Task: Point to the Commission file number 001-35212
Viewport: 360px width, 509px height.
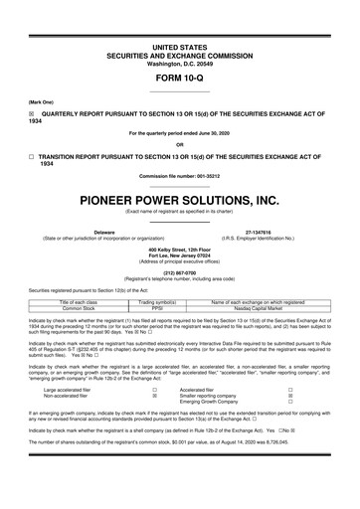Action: coord(180,175)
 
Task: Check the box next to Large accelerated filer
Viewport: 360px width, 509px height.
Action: coord(155,390)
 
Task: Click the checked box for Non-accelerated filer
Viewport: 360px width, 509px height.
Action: coord(155,396)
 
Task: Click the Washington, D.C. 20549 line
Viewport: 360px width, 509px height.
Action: coord(180,35)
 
